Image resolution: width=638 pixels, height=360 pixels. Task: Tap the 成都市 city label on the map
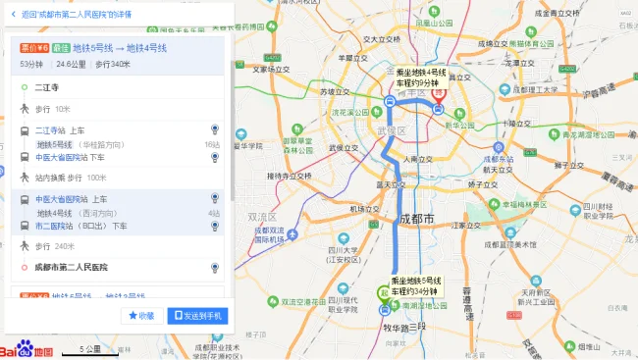(x=416, y=218)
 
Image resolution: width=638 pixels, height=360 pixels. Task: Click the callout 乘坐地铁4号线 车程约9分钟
(x=420, y=77)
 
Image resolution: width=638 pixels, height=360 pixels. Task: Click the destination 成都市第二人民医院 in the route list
(x=71, y=267)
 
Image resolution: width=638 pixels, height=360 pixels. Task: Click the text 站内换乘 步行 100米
(x=71, y=178)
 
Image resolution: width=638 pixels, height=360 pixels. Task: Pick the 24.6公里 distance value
(x=72, y=64)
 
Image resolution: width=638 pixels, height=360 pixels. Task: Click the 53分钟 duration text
(x=33, y=64)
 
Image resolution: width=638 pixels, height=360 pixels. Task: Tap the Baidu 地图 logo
(x=27, y=349)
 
